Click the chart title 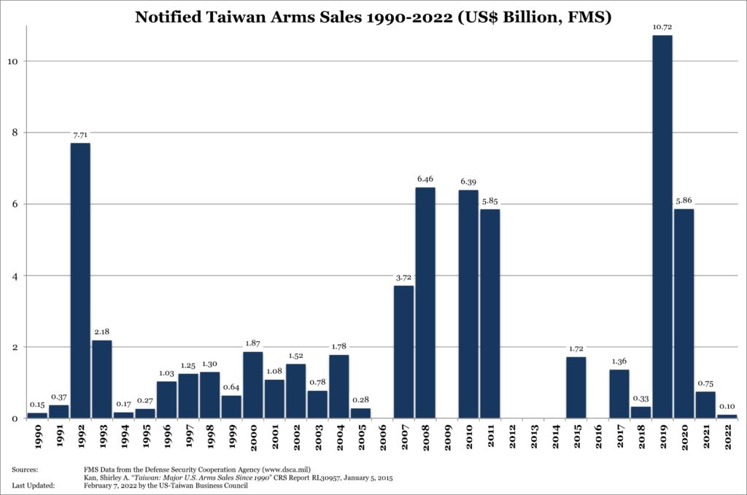[x=373, y=16]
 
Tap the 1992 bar [x=80, y=281]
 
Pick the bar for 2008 [x=425, y=303]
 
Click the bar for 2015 [x=576, y=387]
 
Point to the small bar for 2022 [x=727, y=416]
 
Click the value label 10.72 [x=662, y=28]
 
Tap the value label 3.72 [x=403, y=278]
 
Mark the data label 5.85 [x=490, y=201]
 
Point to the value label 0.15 [x=37, y=405]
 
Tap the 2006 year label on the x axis [x=382, y=437]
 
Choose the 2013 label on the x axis [x=533, y=437]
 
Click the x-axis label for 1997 [x=188, y=437]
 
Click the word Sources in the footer [x=26, y=471]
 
